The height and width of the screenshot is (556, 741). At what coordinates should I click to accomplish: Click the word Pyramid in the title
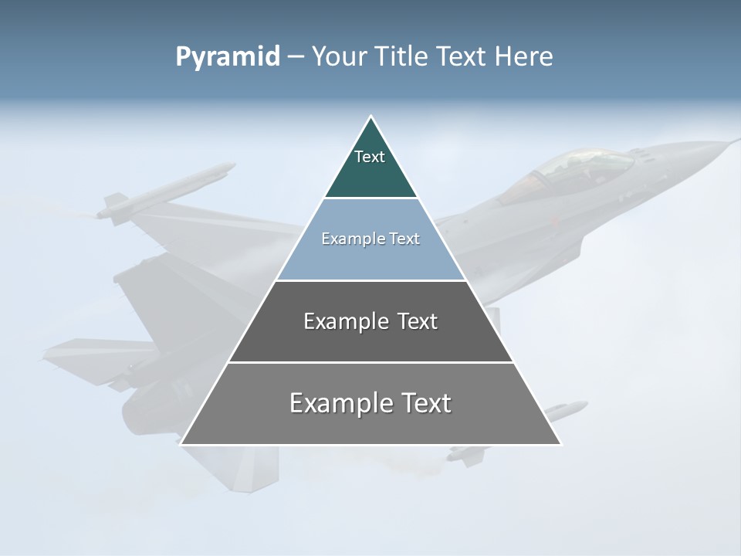click(227, 57)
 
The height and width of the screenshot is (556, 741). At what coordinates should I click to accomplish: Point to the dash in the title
click(296, 57)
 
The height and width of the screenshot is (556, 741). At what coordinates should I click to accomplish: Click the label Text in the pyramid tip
click(370, 157)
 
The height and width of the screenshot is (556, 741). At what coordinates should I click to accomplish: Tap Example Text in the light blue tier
click(370, 239)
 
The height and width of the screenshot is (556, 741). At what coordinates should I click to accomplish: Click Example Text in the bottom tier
click(370, 403)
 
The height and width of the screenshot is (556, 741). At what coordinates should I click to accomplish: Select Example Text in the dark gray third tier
click(370, 321)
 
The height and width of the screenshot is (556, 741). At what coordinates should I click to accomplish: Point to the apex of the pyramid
click(371, 117)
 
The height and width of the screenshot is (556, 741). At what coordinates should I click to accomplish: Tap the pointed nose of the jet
click(733, 141)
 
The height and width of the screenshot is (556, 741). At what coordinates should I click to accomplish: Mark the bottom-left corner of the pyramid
click(181, 444)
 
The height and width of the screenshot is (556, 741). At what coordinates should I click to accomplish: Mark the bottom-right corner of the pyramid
click(560, 444)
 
